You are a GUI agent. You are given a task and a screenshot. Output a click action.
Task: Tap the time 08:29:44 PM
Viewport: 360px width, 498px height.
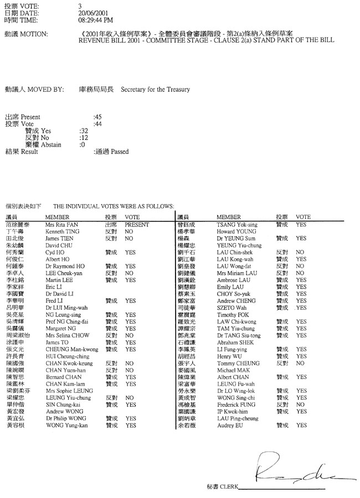pos(96,19)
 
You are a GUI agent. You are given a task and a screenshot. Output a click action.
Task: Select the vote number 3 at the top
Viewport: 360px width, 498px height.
pos(80,5)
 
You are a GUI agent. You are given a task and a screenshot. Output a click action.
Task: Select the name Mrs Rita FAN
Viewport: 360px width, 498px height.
pos(61,225)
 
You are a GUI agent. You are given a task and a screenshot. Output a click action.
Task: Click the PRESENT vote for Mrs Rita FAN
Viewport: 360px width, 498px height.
pos(137,225)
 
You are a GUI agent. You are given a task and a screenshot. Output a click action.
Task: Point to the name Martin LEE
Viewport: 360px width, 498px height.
pos(58,280)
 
